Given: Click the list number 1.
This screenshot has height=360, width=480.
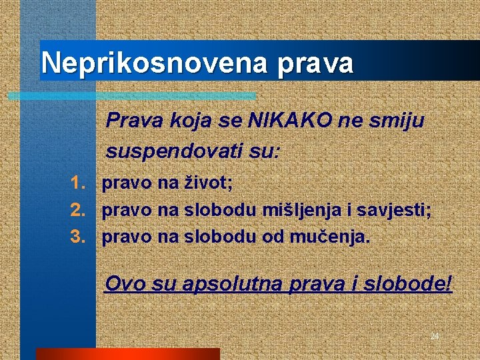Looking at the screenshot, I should point(78,182).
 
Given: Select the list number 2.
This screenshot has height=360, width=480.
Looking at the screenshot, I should point(78,211).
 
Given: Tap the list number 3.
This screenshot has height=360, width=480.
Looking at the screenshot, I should point(78,237).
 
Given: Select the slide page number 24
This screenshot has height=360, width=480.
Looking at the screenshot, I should point(435,336).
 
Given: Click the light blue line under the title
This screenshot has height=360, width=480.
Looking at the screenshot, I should point(133,95).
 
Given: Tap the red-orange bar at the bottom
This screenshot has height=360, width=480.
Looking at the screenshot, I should point(127,353).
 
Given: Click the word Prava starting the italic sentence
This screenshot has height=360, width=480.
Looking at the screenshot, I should point(129,121).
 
